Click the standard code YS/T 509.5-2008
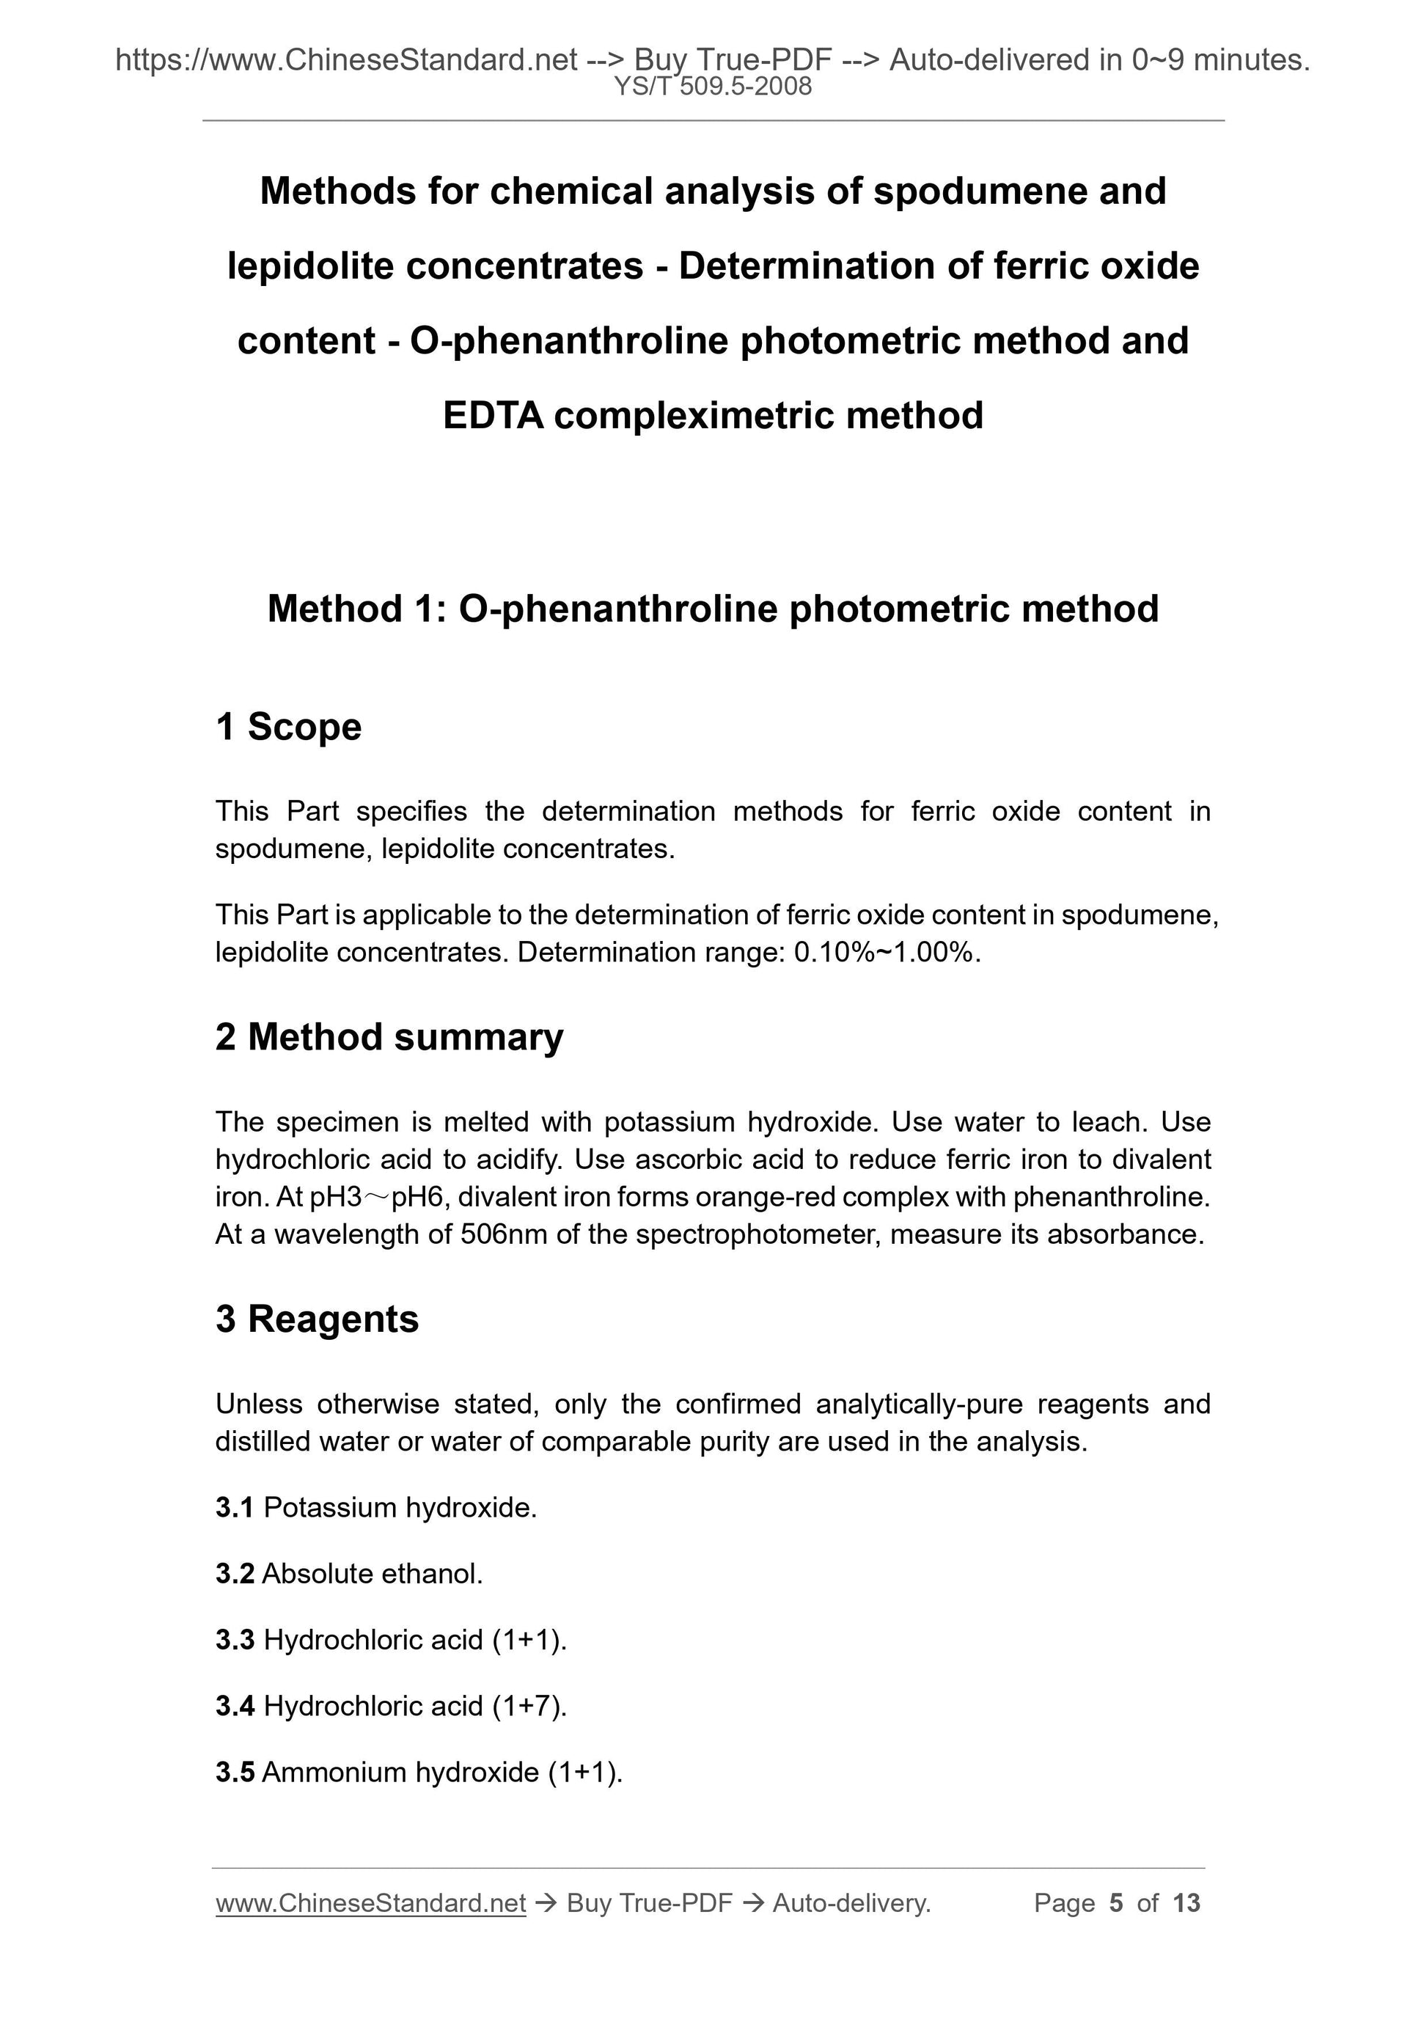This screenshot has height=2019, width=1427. pos(713,87)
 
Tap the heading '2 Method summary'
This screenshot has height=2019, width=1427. pos(389,1037)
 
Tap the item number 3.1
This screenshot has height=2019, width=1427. pos(234,1508)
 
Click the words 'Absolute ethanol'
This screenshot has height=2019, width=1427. pos(371,1574)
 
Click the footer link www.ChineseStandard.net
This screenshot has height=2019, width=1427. pos(370,1903)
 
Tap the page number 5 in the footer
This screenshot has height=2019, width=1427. pos(1116,1903)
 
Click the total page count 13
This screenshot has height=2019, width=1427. pos(1186,1903)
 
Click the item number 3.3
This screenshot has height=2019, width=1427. pos(234,1640)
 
